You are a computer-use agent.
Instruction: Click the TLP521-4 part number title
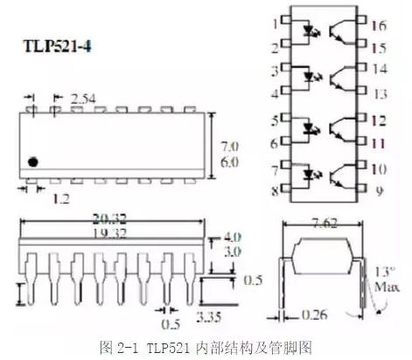pos(57,46)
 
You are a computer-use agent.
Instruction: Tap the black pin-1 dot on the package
pos(33,162)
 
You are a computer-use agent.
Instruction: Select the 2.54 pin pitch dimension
pos(83,100)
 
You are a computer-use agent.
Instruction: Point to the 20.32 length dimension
pos(109,218)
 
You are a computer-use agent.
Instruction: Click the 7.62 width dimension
pos(325,224)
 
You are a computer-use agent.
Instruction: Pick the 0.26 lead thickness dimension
pos(314,315)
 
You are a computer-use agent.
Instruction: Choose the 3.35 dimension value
pos(209,317)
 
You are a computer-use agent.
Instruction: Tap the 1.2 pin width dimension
pos(61,199)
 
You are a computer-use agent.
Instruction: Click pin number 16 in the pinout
pos(379,26)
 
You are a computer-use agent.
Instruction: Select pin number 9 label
pos(379,191)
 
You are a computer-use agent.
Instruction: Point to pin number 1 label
pos(275,24)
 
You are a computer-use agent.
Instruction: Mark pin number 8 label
pos(275,191)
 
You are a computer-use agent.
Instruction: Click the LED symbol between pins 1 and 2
pos(311,31)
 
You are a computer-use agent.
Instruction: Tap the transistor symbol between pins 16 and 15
pos(339,32)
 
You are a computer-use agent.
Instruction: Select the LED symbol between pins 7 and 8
pos(311,175)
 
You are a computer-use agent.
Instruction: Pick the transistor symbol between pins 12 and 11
pos(339,128)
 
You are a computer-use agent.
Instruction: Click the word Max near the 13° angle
pos(387,287)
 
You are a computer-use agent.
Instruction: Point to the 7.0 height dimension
pos(229,146)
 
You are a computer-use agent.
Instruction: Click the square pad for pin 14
pos(362,67)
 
